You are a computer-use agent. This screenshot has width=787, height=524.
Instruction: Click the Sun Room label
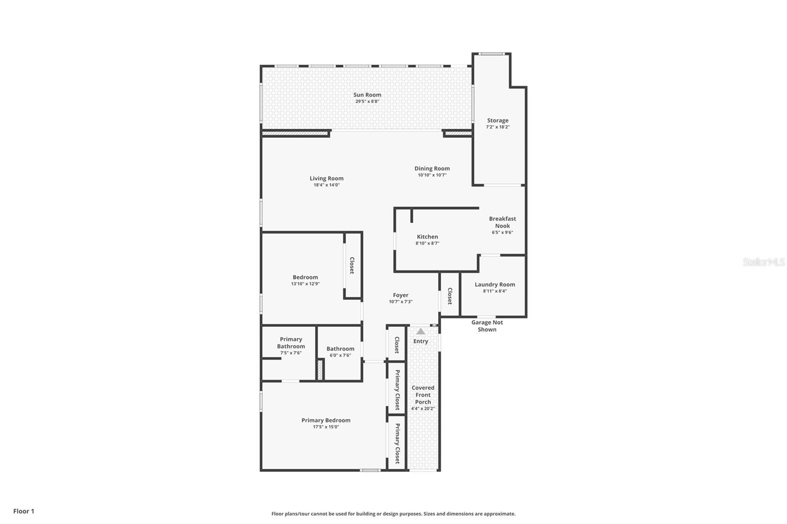[x=367, y=95]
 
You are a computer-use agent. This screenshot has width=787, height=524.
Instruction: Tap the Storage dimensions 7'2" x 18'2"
[x=498, y=127]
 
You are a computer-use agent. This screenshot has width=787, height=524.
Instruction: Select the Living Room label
[x=327, y=178]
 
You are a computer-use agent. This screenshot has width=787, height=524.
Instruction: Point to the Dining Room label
[x=432, y=169]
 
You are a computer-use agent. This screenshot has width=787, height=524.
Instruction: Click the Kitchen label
[x=427, y=236]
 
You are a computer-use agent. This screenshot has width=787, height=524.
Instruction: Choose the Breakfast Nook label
[x=502, y=222]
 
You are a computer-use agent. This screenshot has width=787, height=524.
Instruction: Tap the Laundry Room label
[x=495, y=284]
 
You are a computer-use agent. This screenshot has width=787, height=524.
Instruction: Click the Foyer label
[x=400, y=295]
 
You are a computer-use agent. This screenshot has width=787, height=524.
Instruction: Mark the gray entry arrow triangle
[x=421, y=332]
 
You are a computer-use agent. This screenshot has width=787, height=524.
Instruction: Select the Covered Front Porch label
[x=423, y=395]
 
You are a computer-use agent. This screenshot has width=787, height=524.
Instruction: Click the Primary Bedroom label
[x=326, y=420]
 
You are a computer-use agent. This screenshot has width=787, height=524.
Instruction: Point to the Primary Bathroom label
[x=291, y=343]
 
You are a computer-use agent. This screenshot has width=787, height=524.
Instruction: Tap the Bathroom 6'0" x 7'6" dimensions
[x=340, y=355]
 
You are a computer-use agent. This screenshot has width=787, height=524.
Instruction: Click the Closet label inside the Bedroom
[x=352, y=265]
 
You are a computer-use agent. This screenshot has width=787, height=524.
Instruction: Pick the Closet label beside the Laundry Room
[x=450, y=296]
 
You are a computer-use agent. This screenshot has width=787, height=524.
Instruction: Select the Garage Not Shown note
[x=487, y=326]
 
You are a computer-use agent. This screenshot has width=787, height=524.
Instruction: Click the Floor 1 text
[x=24, y=511]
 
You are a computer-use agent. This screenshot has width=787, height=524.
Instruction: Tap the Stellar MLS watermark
[x=763, y=262]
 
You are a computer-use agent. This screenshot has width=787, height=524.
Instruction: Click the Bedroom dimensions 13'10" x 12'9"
[x=305, y=284]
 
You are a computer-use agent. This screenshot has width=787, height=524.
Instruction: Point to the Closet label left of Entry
[x=396, y=345]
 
